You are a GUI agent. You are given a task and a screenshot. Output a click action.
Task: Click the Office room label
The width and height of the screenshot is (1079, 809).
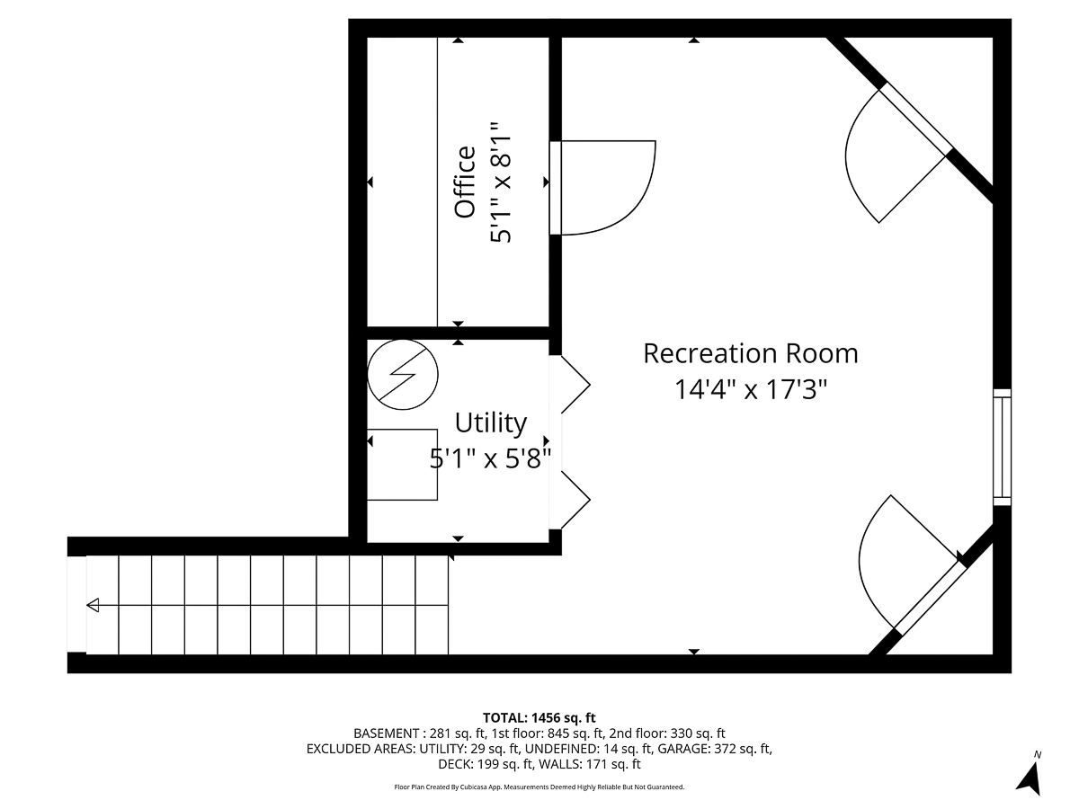[x=465, y=182]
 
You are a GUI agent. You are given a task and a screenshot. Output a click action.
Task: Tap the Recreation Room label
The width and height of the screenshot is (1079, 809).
[x=750, y=353]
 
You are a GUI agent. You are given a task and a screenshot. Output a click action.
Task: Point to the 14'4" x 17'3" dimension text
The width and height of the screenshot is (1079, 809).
[x=750, y=389]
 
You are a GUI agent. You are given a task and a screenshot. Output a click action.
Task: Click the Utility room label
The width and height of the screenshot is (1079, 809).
[x=490, y=422]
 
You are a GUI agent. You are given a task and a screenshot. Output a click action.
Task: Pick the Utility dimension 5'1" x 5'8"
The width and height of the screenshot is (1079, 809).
[x=490, y=459]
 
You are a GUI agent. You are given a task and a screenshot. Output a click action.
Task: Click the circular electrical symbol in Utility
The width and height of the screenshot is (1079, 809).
[x=402, y=371]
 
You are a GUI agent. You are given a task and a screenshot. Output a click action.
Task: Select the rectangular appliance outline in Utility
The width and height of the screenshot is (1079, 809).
[x=402, y=465]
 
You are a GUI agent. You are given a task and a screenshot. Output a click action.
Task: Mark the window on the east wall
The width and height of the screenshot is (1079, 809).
[x=1002, y=448]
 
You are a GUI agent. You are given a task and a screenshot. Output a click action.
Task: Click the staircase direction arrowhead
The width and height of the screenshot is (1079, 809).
[x=93, y=606]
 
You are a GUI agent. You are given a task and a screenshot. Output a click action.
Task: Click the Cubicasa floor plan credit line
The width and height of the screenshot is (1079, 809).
[x=539, y=787]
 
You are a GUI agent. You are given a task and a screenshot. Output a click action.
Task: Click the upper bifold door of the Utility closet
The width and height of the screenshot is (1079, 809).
[x=574, y=385]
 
